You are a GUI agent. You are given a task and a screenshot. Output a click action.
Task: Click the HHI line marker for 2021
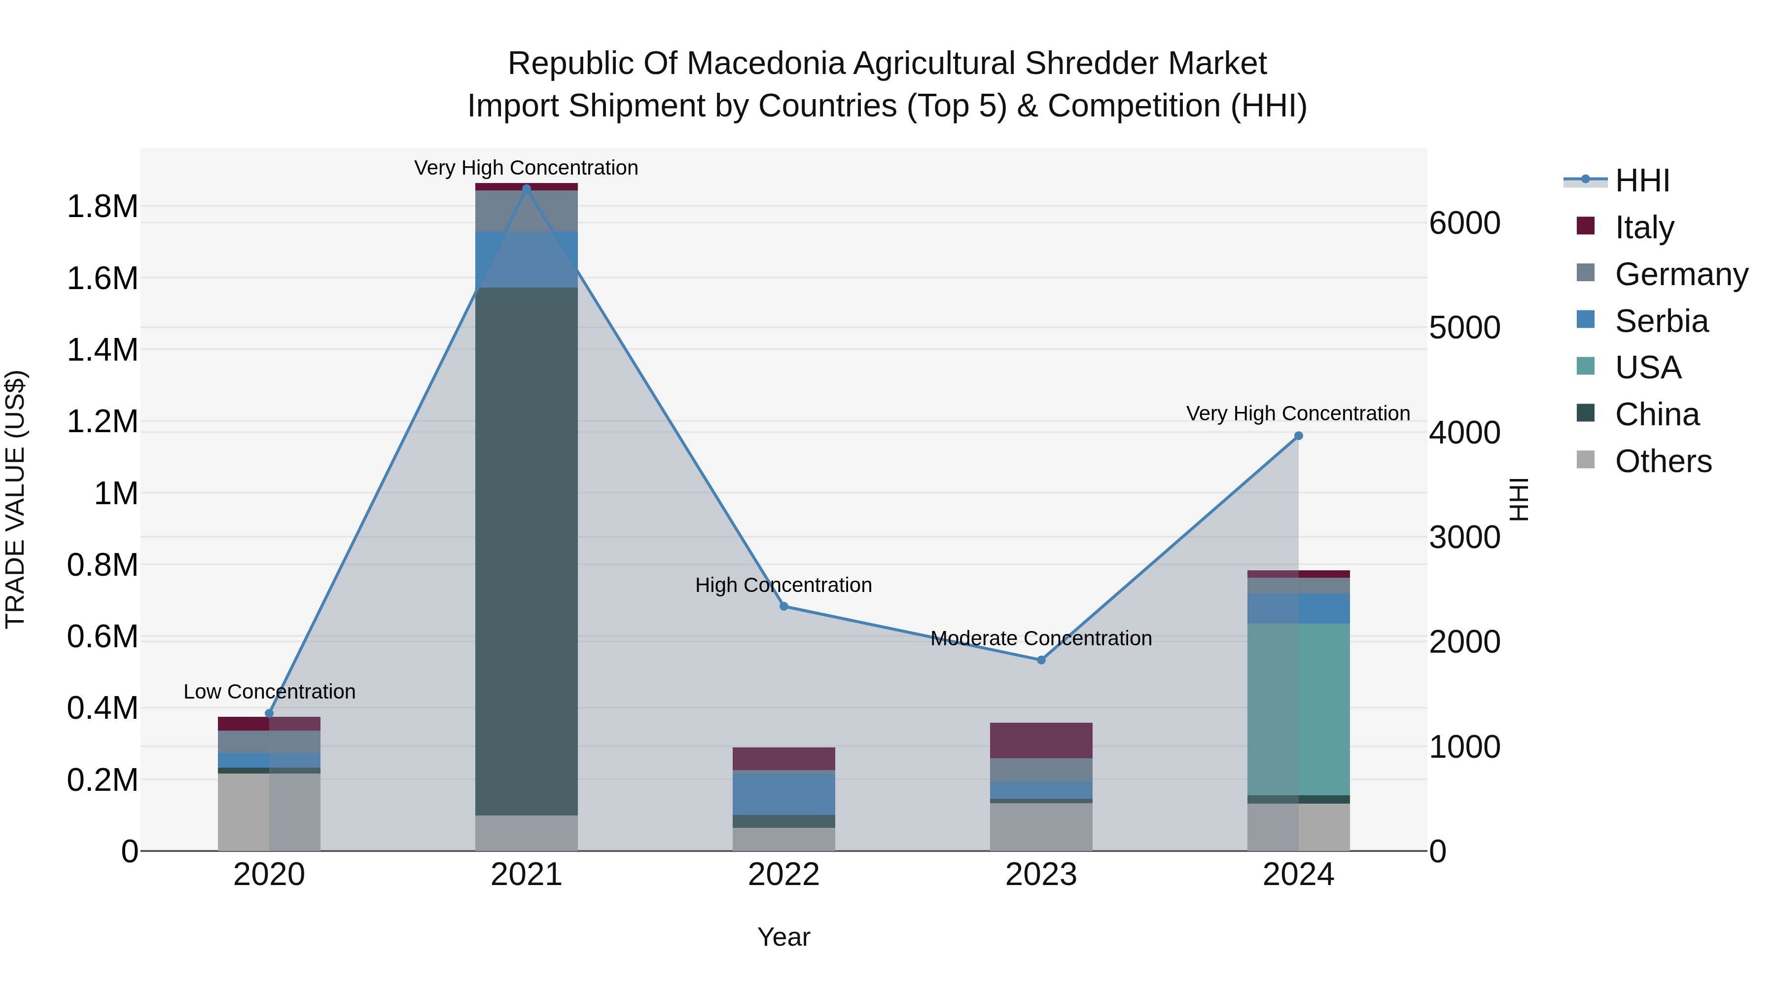(x=527, y=188)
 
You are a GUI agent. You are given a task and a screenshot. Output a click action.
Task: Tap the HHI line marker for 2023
(x=1041, y=660)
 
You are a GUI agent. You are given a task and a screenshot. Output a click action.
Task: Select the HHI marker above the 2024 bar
(x=1298, y=436)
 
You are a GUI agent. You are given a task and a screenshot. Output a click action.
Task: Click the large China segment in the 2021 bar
(x=527, y=552)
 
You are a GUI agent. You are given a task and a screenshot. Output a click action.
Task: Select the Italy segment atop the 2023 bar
(x=1041, y=740)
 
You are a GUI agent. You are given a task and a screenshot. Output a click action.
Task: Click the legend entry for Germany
(x=1681, y=274)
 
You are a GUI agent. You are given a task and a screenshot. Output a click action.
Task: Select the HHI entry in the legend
(x=1641, y=181)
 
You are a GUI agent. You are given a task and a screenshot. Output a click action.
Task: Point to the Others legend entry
(x=1662, y=461)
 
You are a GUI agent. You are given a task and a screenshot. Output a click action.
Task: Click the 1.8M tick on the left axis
(x=102, y=207)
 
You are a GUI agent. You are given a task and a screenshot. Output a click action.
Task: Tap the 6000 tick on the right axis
(x=1464, y=223)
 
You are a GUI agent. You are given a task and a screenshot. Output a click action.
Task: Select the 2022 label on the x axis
(x=783, y=875)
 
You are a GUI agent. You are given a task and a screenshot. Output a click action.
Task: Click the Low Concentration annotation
(x=269, y=692)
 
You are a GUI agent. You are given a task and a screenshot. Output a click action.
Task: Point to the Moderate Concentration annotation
(x=1041, y=638)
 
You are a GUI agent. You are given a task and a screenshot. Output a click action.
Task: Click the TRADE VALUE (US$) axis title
(x=15, y=499)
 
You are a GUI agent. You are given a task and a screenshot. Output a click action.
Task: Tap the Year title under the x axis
(x=783, y=937)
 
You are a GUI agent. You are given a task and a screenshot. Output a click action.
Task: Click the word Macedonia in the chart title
(x=765, y=64)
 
